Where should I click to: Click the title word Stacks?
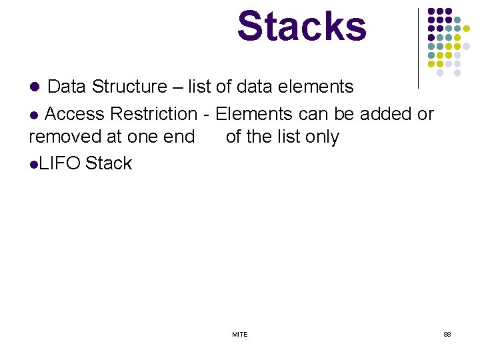pos(301,27)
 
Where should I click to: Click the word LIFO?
pos(59,163)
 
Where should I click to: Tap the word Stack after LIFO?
pos(109,163)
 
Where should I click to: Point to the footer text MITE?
pos(240,334)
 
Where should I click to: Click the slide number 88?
pos(447,334)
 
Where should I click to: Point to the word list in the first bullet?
pos(199,87)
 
